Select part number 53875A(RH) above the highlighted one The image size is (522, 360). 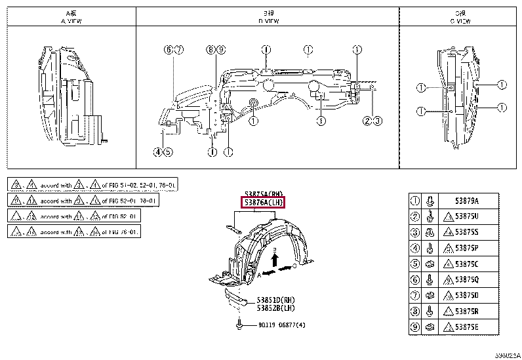(x=264, y=194)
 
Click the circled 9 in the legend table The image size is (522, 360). (x=414, y=327)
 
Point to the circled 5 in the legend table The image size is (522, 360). (x=414, y=264)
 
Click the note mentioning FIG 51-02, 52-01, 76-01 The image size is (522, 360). (x=92, y=185)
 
